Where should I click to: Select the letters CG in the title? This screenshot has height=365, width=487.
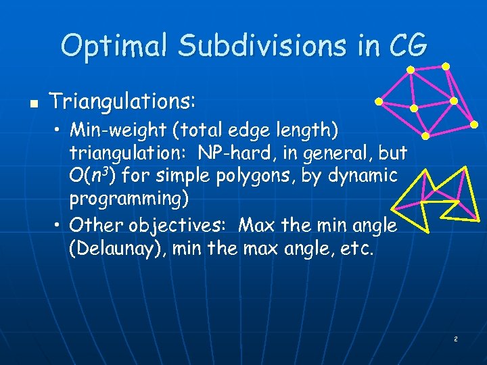pos(409,46)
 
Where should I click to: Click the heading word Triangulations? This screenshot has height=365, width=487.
pos(123,103)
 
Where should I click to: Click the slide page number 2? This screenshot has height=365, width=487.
pos(455,338)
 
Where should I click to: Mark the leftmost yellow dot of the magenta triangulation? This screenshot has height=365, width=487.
pos(379,102)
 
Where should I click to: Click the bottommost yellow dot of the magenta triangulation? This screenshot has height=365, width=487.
pos(425,136)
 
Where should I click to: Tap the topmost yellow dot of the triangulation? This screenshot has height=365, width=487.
pos(446,66)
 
